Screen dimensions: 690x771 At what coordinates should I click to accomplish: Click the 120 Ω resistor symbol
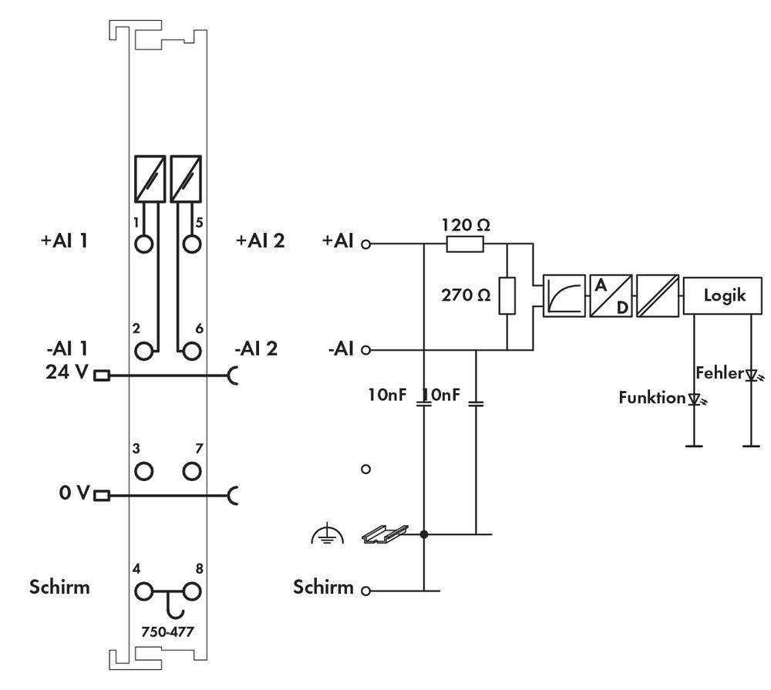click(466, 244)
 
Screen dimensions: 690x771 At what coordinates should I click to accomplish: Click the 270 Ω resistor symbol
click(507, 296)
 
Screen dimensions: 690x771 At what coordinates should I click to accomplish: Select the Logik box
click(723, 295)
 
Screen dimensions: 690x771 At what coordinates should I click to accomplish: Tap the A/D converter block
click(610, 296)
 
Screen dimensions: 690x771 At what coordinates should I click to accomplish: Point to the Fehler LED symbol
click(751, 375)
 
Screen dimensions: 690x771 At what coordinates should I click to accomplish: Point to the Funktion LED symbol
click(695, 399)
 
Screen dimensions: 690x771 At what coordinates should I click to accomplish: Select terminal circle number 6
click(192, 351)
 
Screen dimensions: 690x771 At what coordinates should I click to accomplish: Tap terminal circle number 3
click(143, 470)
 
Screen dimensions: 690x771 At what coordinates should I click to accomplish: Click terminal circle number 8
click(192, 591)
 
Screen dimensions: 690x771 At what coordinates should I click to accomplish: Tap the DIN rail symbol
click(385, 533)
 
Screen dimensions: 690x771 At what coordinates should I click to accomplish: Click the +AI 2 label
click(260, 241)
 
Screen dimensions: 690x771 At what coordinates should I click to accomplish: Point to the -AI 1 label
click(66, 347)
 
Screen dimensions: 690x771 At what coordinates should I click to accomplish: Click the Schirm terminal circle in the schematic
click(366, 591)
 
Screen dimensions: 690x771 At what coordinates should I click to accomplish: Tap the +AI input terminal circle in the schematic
click(366, 244)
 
